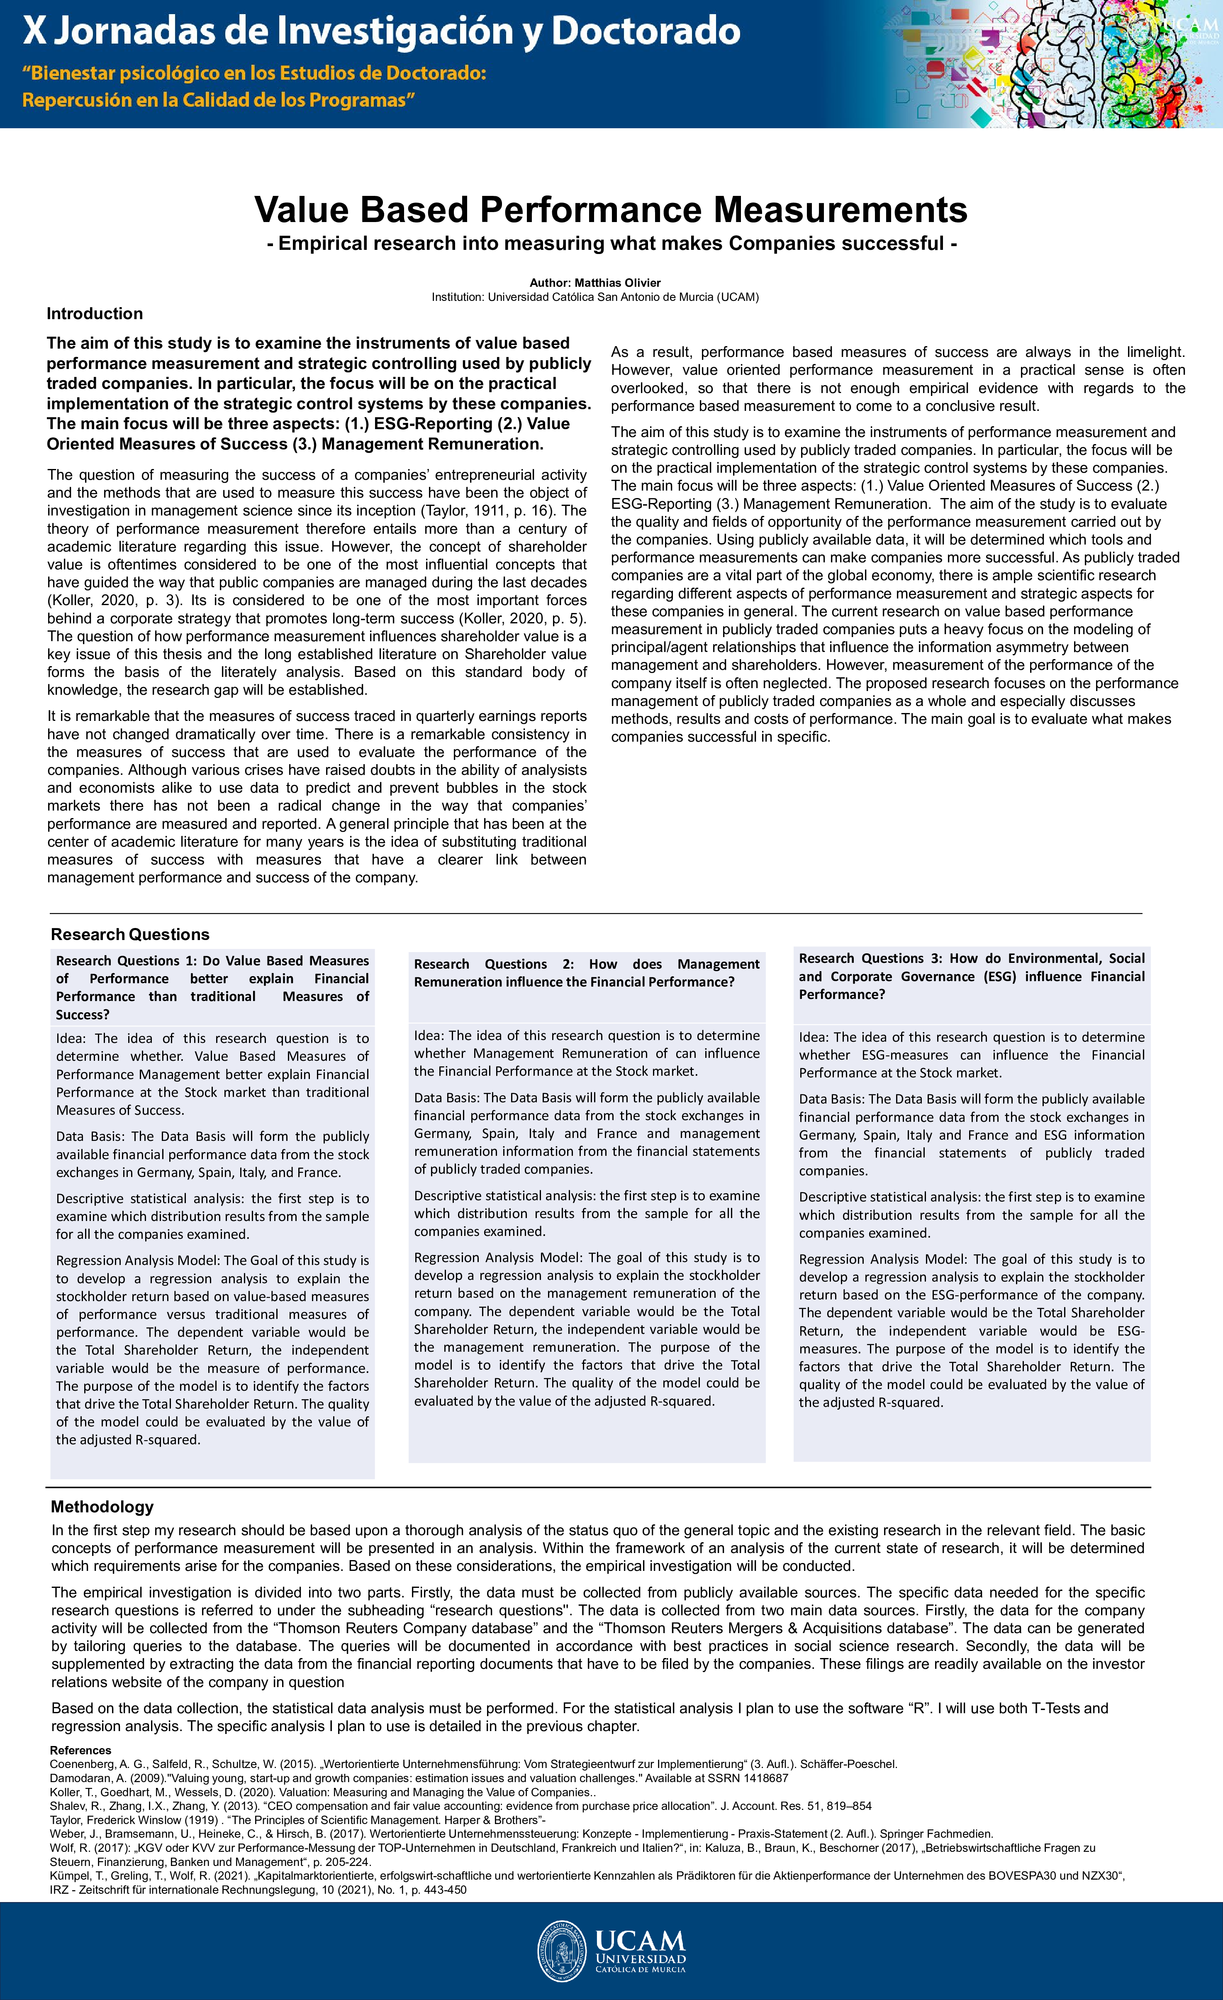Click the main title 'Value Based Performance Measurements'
610,210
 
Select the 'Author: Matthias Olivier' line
595,283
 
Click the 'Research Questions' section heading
130,934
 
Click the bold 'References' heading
80,1750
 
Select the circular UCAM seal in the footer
562,1951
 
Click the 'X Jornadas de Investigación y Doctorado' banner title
381,31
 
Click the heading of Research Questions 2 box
586,972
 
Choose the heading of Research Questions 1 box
212,987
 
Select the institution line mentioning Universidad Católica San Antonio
595,297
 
